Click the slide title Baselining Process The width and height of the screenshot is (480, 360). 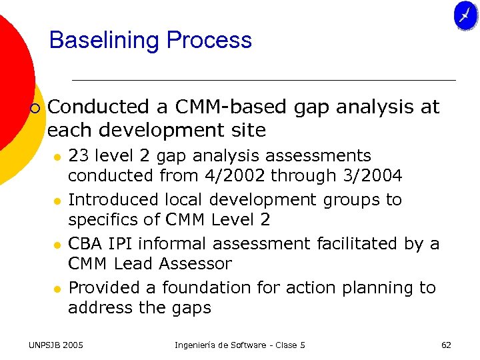(x=151, y=41)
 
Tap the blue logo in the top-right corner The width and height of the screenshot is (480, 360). (x=465, y=16)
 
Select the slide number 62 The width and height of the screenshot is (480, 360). (x=446, y=345)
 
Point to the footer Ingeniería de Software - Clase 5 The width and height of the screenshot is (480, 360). (x=240, y=345)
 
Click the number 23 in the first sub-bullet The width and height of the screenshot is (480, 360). (x=79, y=156)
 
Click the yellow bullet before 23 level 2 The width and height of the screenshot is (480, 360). (x=57, y=157)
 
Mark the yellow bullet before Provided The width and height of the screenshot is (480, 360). (x=57, y=289)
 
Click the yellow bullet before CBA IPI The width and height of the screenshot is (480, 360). (x=57, y=245)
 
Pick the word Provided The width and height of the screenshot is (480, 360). (x=101, y=288)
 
